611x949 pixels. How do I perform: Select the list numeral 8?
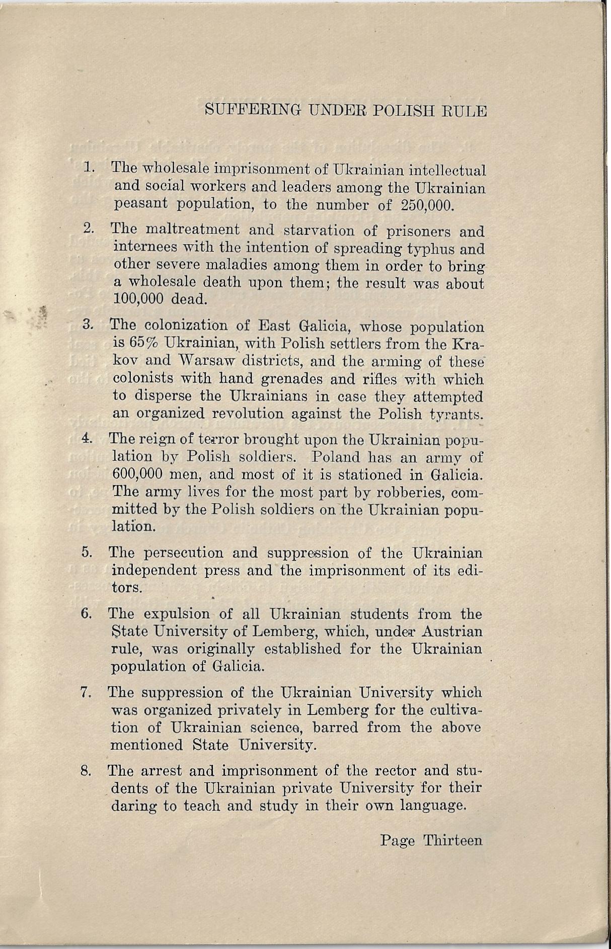[x=86, y=770]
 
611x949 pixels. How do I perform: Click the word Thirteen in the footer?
[x=453, y=840]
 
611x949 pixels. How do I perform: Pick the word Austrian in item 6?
[x=452, y=631]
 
